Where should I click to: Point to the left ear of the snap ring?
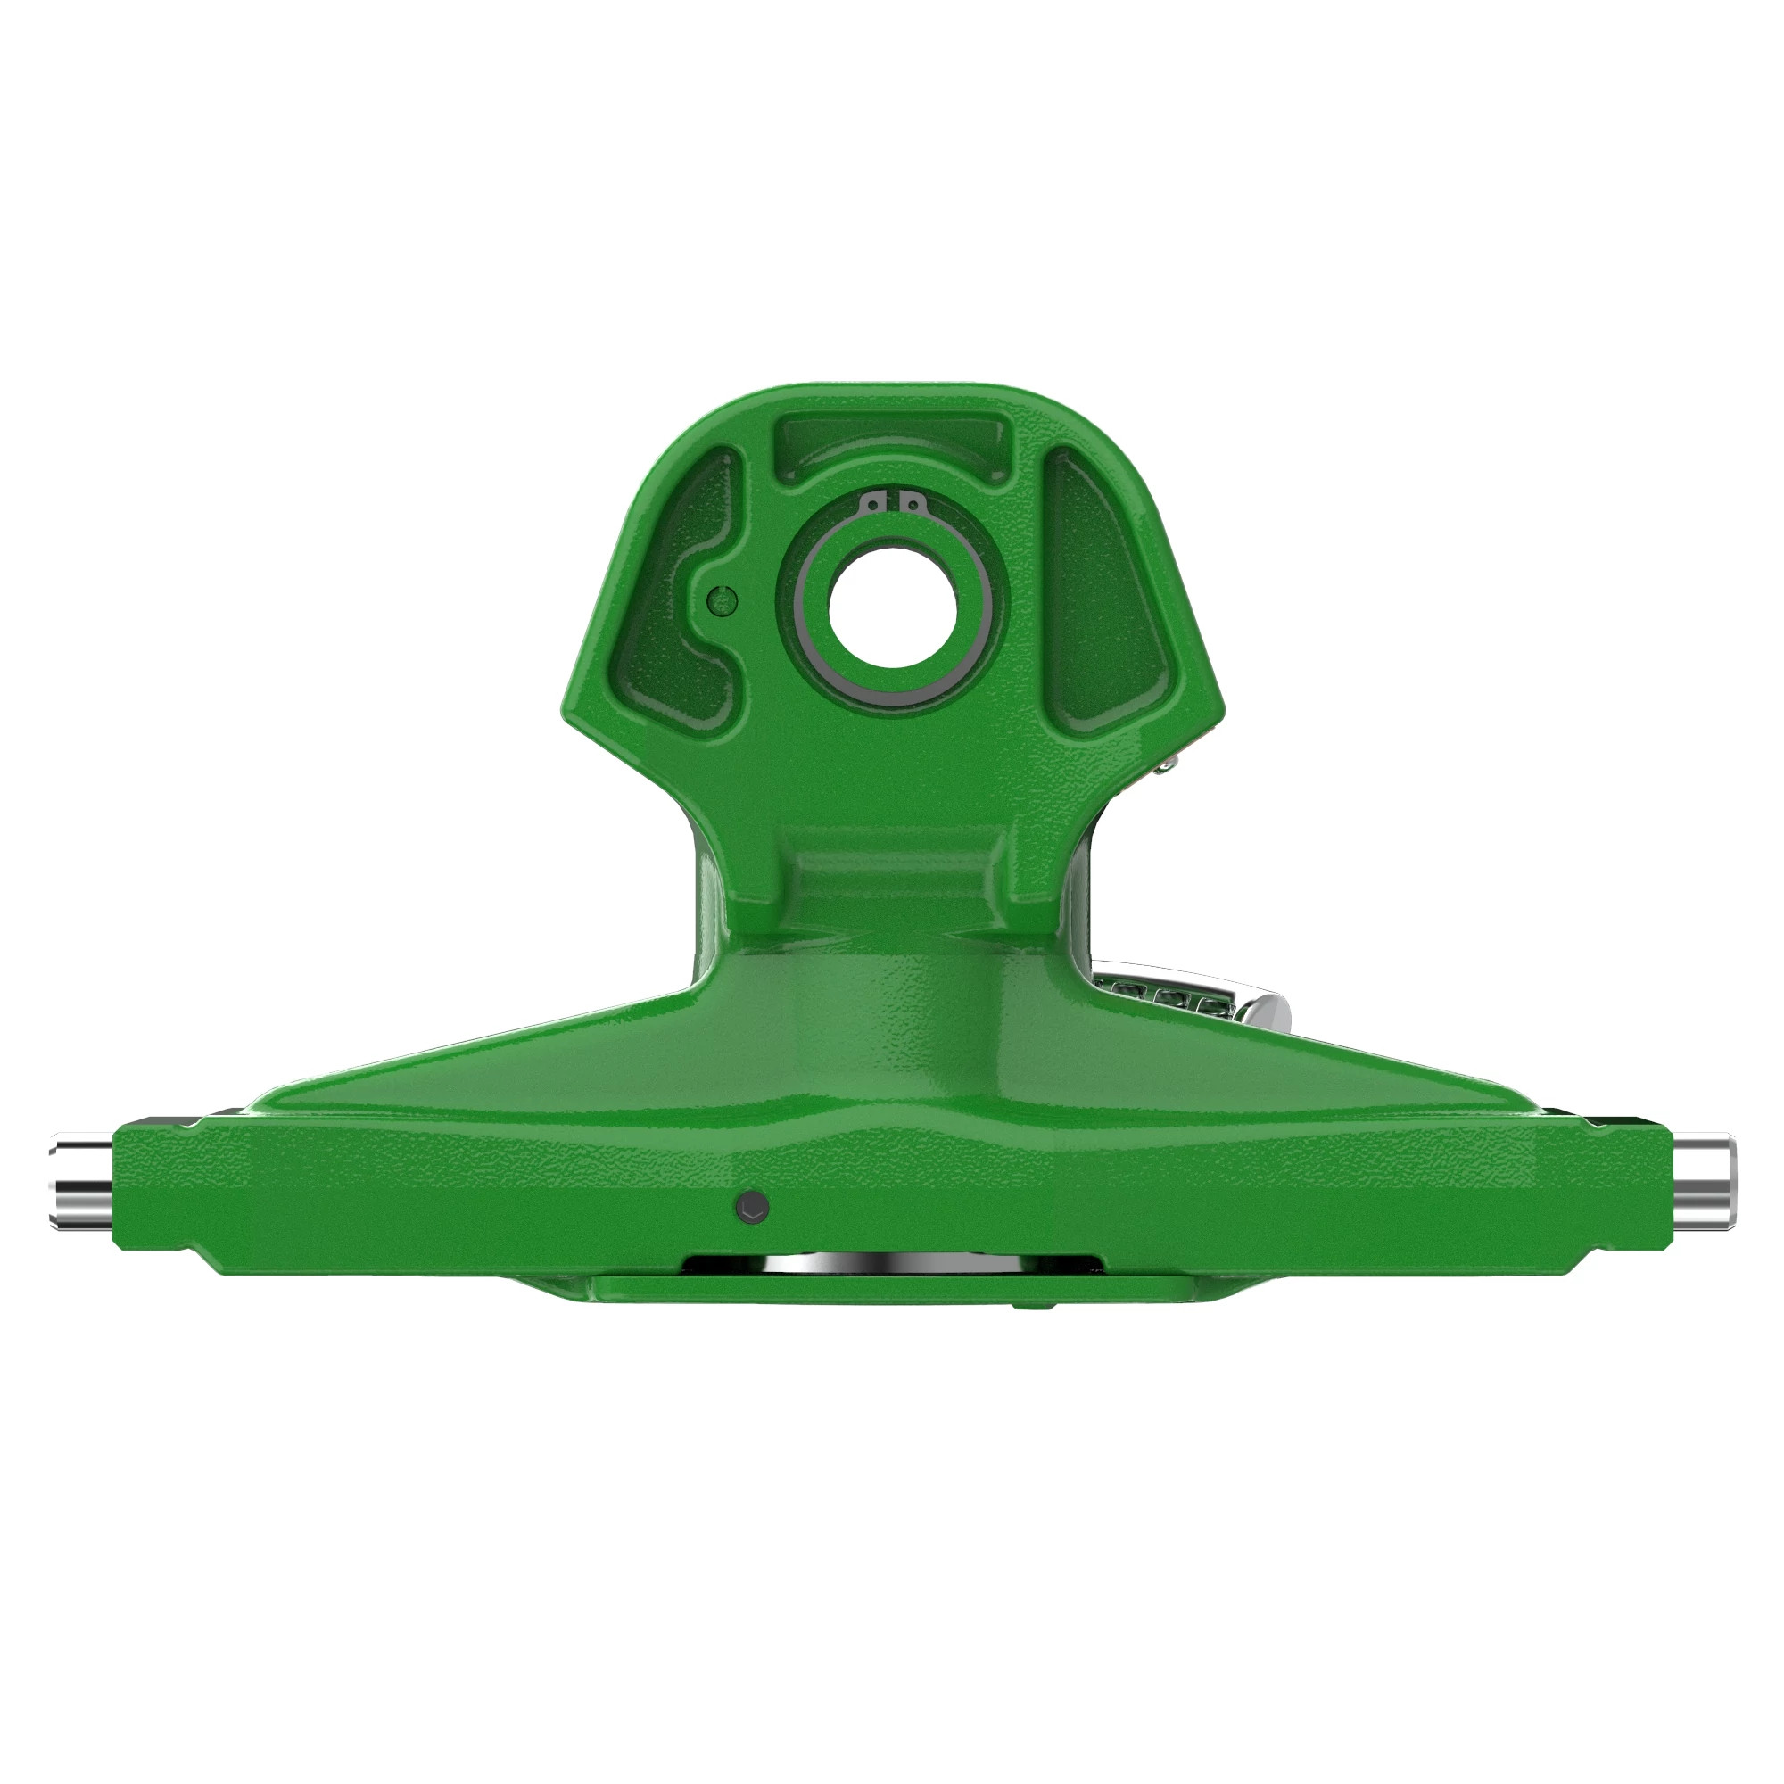click(872, 503)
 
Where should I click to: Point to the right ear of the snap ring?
click(912, 503)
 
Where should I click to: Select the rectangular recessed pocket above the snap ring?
click(891, 443)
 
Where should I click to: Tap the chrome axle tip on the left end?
click(81, 1185)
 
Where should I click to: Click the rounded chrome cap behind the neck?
click(1269, 1013)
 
